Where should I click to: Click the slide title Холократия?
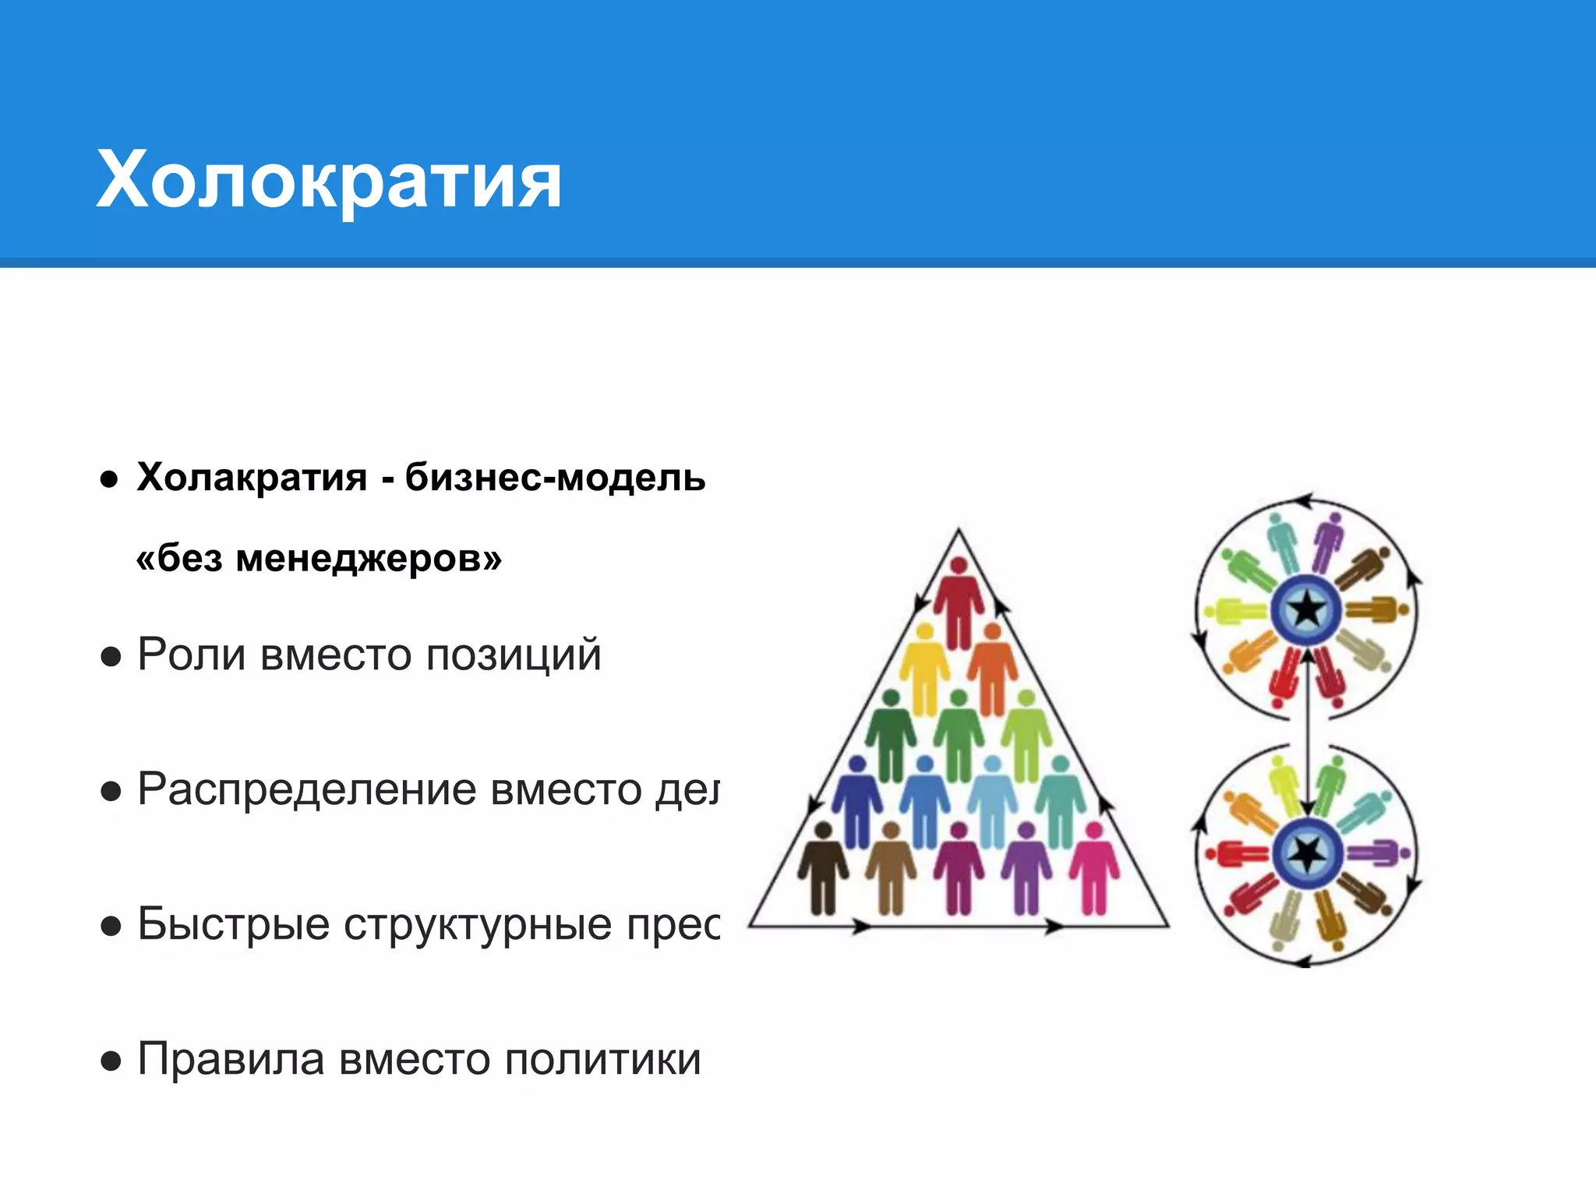pos(328,181)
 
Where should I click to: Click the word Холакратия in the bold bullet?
pos(252,477)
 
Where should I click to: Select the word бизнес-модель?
pos(555,477)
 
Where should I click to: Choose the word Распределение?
pos(307,790)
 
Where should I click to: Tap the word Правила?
pos(231,1060)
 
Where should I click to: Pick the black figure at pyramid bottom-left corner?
pos(823,869)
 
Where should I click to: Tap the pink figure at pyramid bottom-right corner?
pos(1094,869)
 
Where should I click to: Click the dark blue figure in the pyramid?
pos(857,803)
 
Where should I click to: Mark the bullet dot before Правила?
pos(111,1061)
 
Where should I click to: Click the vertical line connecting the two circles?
pos(1308,733)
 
